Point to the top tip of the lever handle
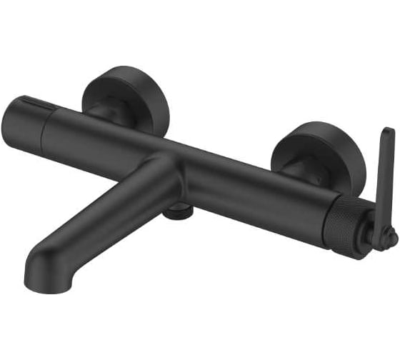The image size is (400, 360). click(x=387, y=133)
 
